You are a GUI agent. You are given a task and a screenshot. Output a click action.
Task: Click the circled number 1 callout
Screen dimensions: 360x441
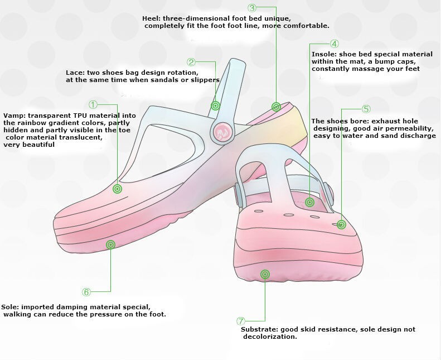(93, 104)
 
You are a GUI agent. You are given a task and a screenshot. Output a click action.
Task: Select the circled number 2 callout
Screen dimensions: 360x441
(191, 63)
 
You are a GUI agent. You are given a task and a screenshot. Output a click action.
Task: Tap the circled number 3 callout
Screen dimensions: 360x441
(252, 8)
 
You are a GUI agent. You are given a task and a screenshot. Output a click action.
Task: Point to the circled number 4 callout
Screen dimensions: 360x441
(334, 44)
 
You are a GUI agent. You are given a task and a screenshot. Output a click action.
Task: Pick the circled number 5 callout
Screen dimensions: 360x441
(366, 109)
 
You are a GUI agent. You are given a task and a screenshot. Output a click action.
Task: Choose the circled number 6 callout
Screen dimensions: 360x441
(86, 292)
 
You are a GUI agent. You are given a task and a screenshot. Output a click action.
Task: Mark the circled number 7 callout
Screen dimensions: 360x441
(241, 321)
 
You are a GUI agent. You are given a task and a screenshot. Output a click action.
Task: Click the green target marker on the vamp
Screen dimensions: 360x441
(117, 189)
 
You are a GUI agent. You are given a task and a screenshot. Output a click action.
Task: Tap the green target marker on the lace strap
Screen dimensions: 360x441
(215, 105)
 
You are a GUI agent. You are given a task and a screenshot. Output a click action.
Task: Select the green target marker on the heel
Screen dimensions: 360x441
(276, 107)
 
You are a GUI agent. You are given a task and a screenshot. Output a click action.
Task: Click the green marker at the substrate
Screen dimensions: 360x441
(265, 273)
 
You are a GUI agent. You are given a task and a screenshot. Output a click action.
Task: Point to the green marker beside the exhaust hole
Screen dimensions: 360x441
(341, 224)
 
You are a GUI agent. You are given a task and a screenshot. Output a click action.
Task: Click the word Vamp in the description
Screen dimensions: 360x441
(13, 116)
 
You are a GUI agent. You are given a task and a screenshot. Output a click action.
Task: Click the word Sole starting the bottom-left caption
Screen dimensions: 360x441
(9, 307)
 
